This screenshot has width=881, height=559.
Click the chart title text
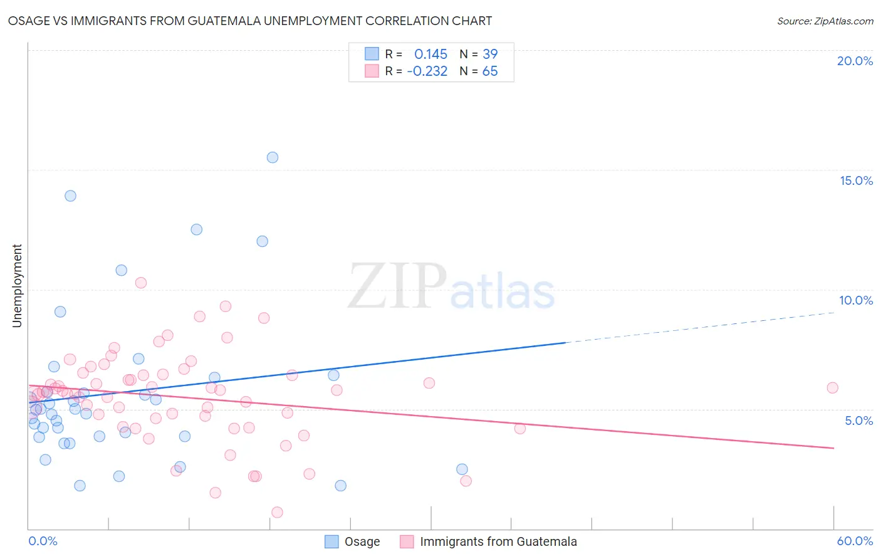click(250, 21)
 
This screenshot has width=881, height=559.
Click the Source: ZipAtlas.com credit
click(825, 21)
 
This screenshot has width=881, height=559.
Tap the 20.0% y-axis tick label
click(855, 61)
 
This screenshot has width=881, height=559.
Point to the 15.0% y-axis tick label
click(856, 180)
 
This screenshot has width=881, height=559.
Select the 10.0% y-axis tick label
click(856, 300)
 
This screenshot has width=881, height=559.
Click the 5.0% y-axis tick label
click(858, 421)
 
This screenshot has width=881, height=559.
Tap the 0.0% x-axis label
click(43, 541)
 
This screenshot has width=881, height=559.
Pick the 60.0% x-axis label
click(855, 541)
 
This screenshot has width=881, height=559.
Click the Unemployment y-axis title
click(17, 286)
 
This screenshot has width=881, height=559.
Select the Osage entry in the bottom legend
click(362, 541)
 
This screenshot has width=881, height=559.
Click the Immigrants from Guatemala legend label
click(498, 541)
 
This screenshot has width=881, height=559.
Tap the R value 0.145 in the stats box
click(430, 54)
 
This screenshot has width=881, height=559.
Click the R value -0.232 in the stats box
click(427, 71)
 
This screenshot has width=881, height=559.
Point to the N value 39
click(490, 54)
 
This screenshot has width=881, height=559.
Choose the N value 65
click(490, 71)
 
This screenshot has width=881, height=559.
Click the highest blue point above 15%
click(273, 157)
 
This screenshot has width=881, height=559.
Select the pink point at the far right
click(832, 387)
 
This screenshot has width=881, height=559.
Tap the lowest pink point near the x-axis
click(277, 512)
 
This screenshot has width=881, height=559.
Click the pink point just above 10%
click(141, 283)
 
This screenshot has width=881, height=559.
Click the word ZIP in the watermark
click(397, 286)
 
